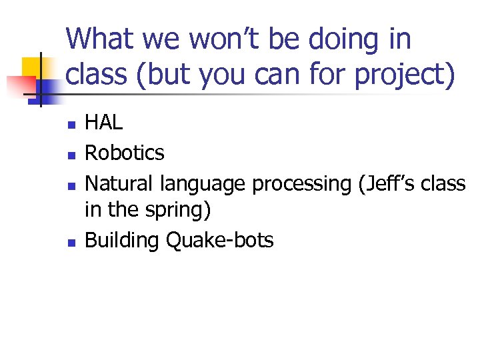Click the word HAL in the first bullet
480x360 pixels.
click(x=103, y=123)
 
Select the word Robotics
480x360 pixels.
click(x=124, y=153)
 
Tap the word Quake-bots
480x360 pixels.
click(x=219, y=241)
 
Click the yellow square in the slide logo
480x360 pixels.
click(x=33, y=67)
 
